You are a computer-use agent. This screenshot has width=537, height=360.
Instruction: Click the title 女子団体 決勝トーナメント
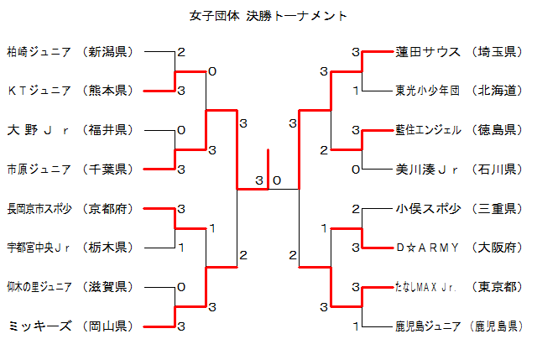tap(268, 16)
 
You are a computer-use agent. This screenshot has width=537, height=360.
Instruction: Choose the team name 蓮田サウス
tap(428, 52)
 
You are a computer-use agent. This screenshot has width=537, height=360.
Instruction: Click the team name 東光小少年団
tap(428, 91)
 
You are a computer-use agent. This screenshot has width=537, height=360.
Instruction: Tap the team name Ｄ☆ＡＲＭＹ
tap(428, 248)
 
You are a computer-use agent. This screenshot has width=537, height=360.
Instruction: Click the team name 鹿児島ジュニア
tap(428, 326)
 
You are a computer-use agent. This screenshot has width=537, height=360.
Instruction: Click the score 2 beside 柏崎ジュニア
tap(181, 52)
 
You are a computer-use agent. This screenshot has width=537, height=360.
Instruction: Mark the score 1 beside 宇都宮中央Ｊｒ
tap(181, 247)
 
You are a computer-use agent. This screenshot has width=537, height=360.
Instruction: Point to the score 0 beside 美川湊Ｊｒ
tap(356, 169)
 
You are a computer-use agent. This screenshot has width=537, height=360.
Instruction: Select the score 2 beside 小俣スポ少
tap(356, 208)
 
